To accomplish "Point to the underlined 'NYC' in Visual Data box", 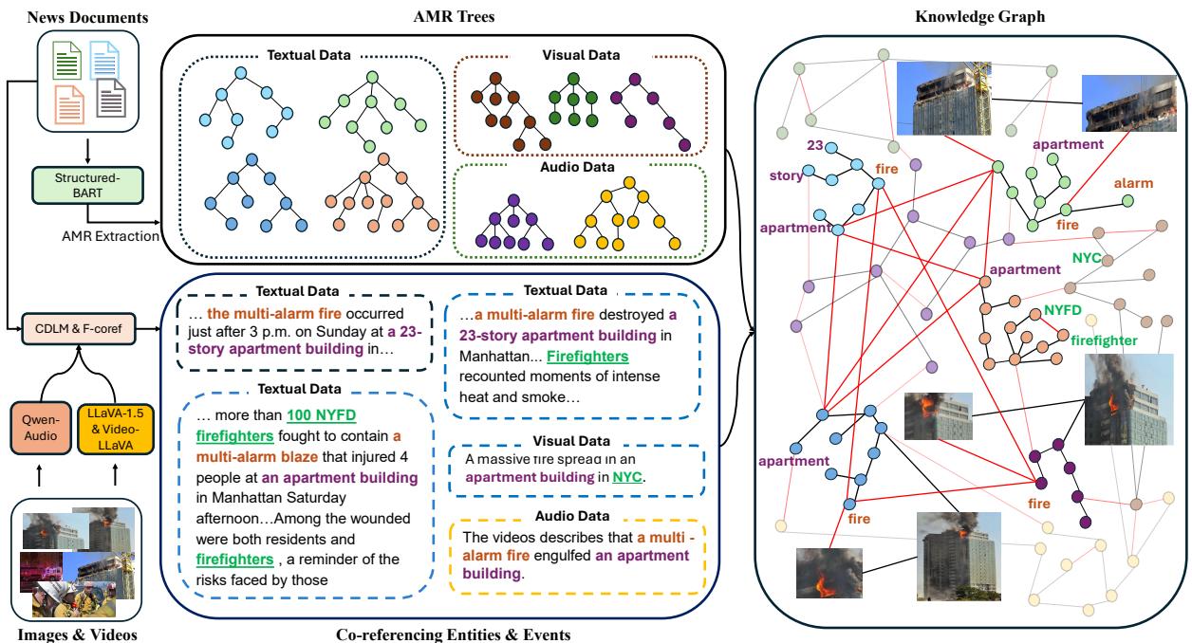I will [x=627, y=478].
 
